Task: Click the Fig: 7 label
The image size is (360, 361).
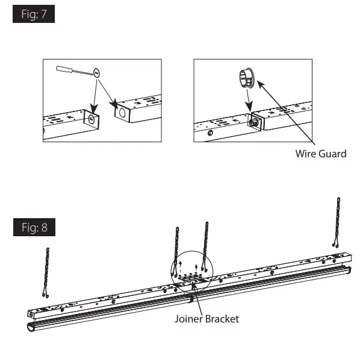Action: coord(34,15)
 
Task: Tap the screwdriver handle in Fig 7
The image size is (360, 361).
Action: coord(67,69)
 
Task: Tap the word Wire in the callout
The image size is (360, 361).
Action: coord(306,154)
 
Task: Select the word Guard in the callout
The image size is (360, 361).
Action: coord(333,154)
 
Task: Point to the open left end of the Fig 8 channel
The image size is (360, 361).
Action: coord(31,314)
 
